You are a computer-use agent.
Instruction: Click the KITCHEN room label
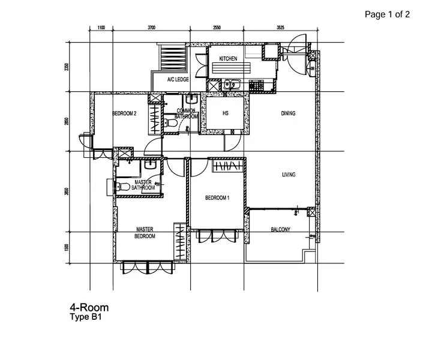[x=228, y=59]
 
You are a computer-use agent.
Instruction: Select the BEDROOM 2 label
[x=125, y=113]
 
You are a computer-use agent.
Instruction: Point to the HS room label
[x=226, y=113]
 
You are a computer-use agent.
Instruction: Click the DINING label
[x=288, y=113]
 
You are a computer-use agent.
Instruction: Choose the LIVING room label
[x=290, y=175]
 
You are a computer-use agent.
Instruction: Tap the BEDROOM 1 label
[x=217, y=198]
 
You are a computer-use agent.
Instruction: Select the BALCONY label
[x=280, y=230]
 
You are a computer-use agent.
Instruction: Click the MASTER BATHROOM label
[x=143, y=185]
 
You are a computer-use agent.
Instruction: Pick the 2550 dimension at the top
[x=216, y=28]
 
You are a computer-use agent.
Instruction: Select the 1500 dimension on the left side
[x=68, y=248]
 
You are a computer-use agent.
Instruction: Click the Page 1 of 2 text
[x=387, y=15]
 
